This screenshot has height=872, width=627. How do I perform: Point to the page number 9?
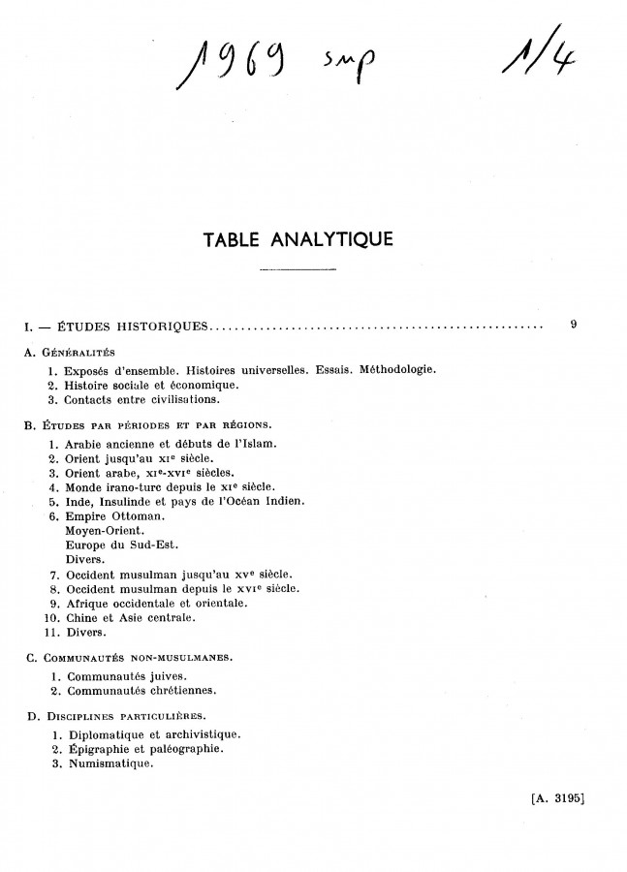[x=574, y=326]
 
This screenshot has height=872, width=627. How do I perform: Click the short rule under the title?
[x=298, y=268]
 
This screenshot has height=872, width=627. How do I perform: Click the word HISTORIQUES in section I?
[x=161, y=327]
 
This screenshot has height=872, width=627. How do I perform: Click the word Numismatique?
[x=107, y=763]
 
